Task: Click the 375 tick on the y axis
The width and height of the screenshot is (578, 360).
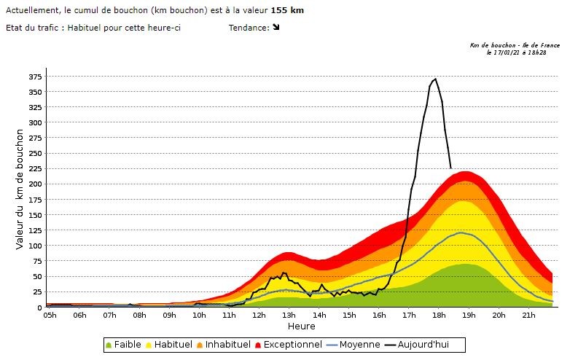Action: tap(35, 77)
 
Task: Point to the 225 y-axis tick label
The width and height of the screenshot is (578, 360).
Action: tap(35, 169)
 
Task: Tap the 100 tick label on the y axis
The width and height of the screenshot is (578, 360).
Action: tap(35, 246)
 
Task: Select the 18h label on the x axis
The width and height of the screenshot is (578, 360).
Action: tap(438, 315)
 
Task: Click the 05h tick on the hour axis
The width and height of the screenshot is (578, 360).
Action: tap(50, 315)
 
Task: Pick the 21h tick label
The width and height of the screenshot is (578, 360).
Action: tap(528, 315)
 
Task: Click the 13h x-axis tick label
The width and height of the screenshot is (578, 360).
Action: tap(289, 315)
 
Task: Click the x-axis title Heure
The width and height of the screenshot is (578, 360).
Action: tap(301, 326)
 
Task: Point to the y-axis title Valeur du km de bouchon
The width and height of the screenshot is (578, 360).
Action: tap(20, 189)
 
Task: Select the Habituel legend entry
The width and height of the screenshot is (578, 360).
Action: tap(173, 344)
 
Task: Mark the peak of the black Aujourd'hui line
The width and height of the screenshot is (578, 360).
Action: tap(435, 79)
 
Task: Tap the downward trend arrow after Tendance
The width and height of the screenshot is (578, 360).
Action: tap(276, 28)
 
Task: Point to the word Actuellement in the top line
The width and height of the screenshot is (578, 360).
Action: tap(31, 11)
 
